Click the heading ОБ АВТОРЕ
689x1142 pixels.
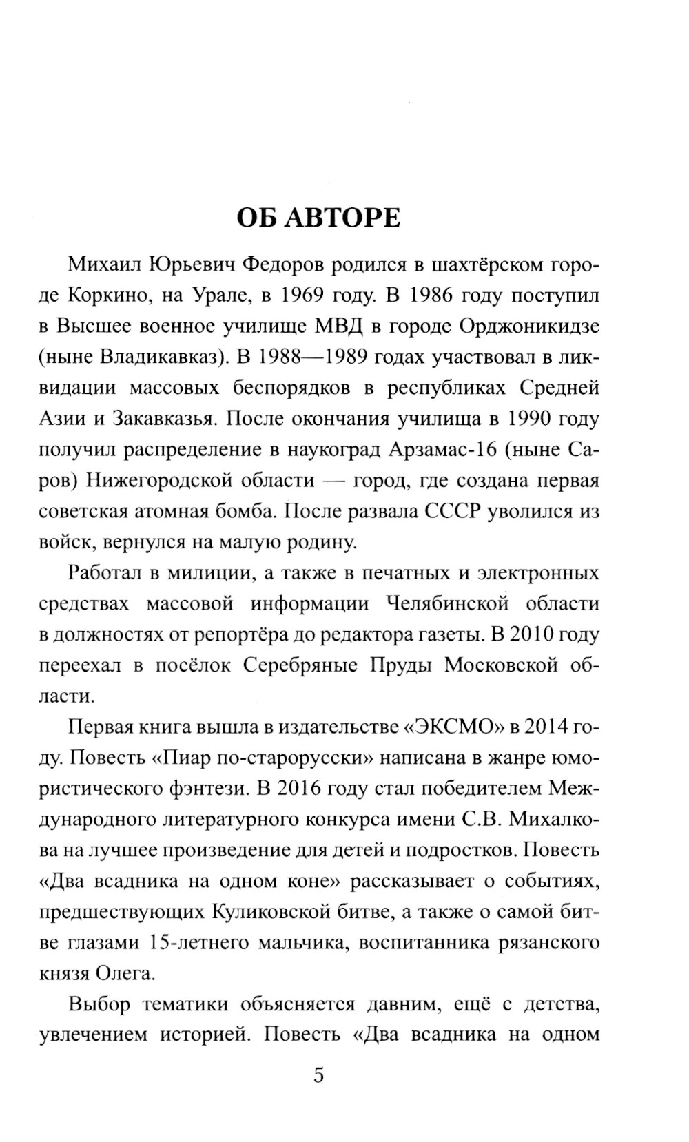click(318, 218)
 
